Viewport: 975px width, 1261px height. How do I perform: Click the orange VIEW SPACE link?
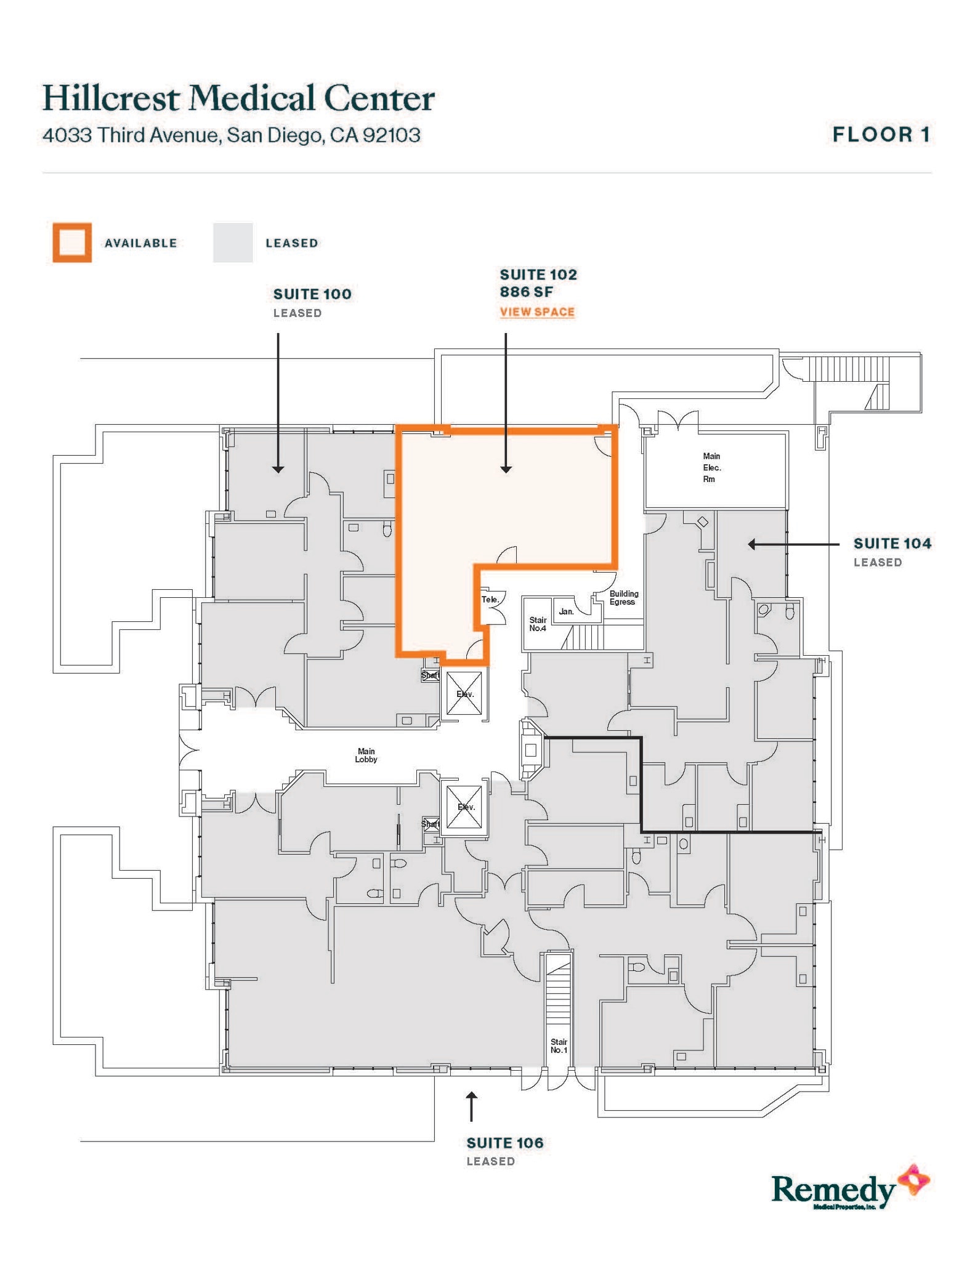click(x=536, y=312)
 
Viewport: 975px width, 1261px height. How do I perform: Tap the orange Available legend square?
click(x=72, y=243)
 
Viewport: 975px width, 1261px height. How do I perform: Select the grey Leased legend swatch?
click(x=232, y=243)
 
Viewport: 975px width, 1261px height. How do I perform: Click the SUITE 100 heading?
click(x=312, y=294)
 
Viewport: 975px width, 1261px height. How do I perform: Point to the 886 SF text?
click(x=526, y=292)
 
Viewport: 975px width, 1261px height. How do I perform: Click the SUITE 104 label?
click(x=892, y=544)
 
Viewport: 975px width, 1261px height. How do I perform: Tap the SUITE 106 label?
click(x=504, y=1143)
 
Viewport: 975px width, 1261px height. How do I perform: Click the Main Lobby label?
click(x=366, y=755)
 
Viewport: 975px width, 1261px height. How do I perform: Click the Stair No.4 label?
click(x=537, y=624)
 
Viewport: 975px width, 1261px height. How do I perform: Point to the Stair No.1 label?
click(x=559, y=1045)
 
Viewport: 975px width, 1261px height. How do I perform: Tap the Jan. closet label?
click(x=566, y=611)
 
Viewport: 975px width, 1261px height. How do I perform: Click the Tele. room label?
click(x=490, y=599)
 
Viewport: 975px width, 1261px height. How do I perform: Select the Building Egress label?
click(x=623, y=598)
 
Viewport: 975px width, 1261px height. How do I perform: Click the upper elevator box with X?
click(x=464, y=694)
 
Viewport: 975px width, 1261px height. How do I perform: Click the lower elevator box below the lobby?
click(x=464, y=807)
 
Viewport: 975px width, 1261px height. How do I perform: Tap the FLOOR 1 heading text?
click(x=881, y=135)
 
